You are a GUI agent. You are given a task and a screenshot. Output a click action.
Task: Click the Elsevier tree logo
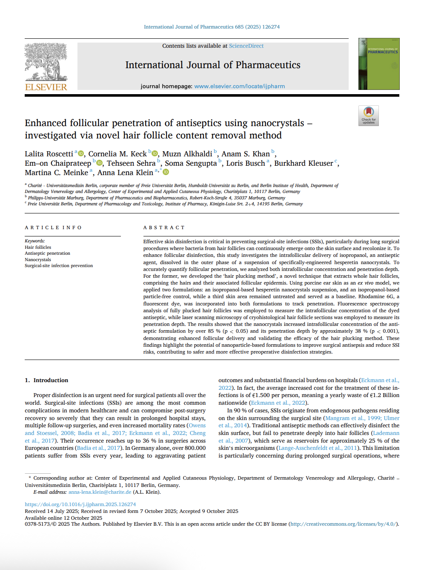pos(46,62)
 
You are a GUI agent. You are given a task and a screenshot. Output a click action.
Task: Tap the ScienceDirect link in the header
pos(246,46)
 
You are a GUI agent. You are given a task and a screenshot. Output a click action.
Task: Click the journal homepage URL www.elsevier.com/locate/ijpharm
pos(239,86)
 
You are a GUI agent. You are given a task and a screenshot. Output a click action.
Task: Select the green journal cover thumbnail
pos(379,64)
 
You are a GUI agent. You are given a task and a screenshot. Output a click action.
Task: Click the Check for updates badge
pos(368,115)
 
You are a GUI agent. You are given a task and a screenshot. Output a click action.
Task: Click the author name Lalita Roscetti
pos(49,154)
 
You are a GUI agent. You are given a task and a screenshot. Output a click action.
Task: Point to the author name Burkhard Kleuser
pos(304,163)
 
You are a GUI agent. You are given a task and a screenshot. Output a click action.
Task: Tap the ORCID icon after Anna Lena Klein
pos(166,172)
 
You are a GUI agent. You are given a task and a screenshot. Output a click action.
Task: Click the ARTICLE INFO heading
pos(53,227)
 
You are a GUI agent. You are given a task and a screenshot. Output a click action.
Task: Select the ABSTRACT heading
pos(164,227)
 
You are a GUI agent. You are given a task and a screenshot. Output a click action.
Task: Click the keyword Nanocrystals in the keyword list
pos(38,259)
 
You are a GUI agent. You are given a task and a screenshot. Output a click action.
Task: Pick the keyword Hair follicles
pos(38,247)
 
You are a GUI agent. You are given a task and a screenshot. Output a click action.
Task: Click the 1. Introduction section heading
pos(46,380)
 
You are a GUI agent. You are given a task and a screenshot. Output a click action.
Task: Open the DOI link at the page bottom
pos(80,504)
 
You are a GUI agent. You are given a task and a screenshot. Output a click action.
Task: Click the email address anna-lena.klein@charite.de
pos(100,492)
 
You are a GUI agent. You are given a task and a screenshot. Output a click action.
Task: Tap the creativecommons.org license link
pos(343,524)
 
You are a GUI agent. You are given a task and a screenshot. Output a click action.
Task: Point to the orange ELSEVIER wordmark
pos(46,87)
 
